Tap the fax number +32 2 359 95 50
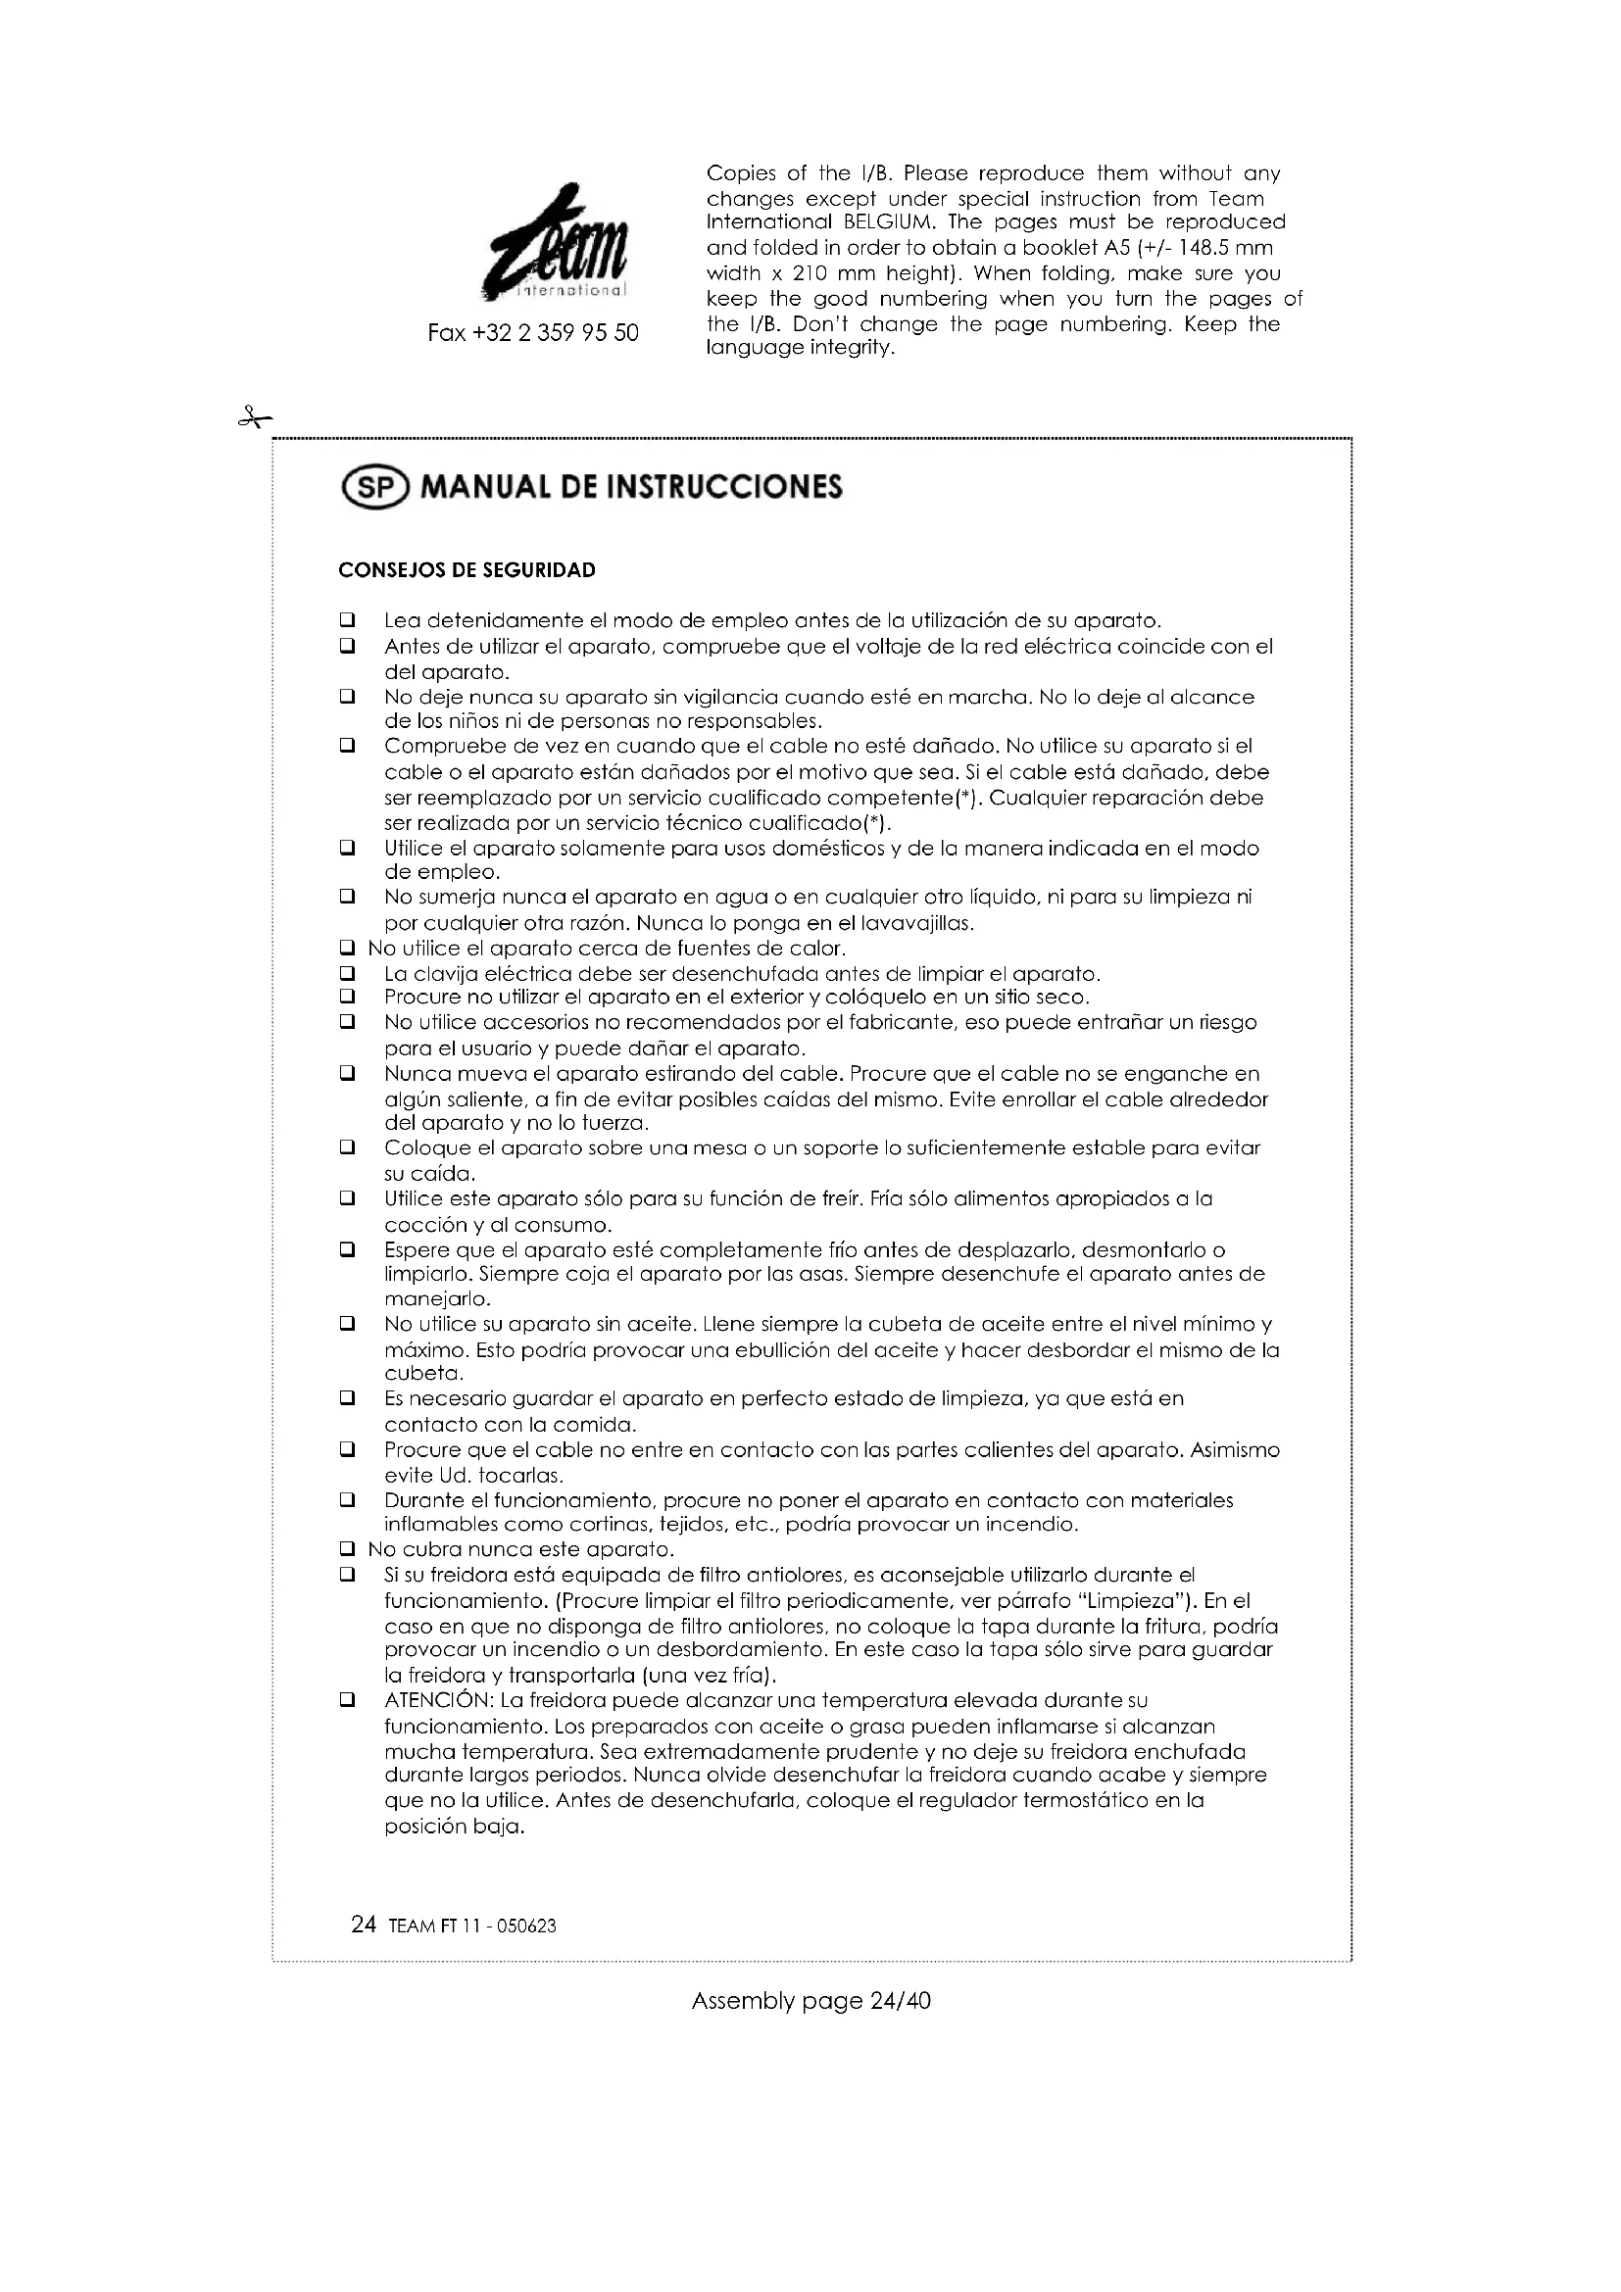tap(533, 333)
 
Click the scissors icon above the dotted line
tap(255, 418)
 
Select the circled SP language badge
tap(375, 487)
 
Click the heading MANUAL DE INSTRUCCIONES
tap(631, 487)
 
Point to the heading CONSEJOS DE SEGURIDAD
tap(467, 570)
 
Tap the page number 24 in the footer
tap(364, 1925)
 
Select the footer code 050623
tap(527, 1926)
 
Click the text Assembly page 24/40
tap(810, 2001)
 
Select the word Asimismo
tap(1235, 1449)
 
